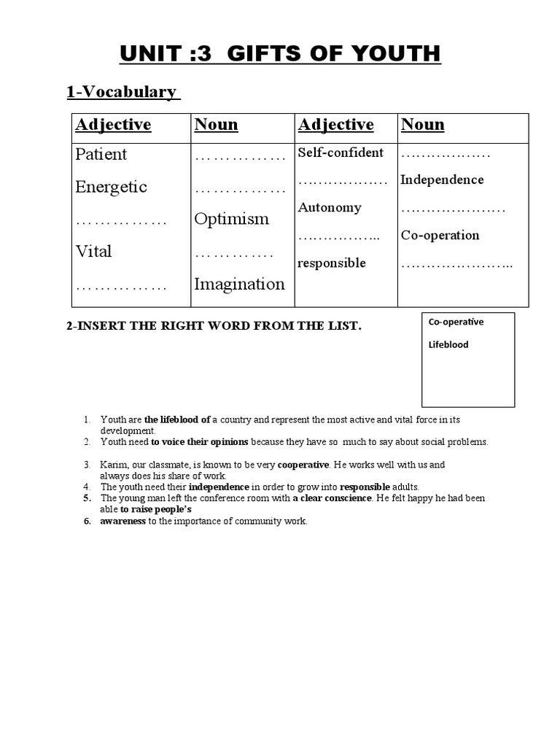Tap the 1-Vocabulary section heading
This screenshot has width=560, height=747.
121,92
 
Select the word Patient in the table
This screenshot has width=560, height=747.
101,155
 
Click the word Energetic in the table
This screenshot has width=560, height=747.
111,187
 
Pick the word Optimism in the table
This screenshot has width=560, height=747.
231,219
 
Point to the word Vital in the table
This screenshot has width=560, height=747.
93,252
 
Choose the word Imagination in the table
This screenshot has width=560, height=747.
239,284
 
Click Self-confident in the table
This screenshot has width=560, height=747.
341,152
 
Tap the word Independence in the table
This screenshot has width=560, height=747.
442,179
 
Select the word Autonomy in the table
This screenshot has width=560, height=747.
329,207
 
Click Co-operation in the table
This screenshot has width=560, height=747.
440,235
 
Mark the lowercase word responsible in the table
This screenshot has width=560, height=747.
331,263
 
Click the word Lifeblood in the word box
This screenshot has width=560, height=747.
448,344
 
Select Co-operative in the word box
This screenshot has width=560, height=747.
456,322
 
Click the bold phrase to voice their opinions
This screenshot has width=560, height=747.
199,441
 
